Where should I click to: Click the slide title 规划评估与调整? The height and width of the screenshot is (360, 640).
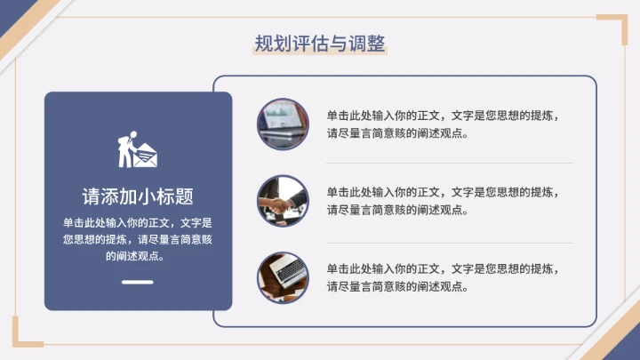[x=320, y=44]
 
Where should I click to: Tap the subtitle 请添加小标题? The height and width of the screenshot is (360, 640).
[x=138, y=196]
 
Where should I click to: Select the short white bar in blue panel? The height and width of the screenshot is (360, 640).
[x=138, y=284]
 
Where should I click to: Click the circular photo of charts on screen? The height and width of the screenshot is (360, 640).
[x=284, y=124]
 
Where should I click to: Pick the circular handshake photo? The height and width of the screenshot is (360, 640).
[x=284, y=201]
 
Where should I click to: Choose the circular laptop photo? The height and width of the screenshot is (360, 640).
[x=284, y=277]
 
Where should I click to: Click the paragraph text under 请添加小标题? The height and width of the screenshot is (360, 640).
[x=138, y=239]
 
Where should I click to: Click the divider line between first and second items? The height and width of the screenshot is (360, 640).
[x=449, y=164]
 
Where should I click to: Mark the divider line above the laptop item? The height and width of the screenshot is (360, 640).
[x=449, y=242]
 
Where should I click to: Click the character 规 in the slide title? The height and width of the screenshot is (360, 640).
[x=264, y=44]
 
